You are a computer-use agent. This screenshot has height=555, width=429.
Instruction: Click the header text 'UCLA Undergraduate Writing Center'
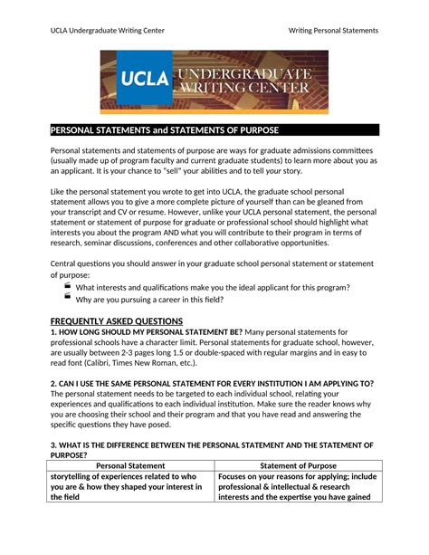[106, 31]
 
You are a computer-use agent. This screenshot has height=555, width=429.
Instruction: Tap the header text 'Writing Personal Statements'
[333, 31]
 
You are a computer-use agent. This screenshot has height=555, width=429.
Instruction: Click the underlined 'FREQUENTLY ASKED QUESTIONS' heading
[117, 321]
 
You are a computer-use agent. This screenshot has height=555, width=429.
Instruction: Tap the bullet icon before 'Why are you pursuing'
[68, 298]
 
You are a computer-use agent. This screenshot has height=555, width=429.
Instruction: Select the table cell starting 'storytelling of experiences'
[131, 486]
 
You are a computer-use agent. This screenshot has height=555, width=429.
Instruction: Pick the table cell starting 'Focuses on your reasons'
[299, 486]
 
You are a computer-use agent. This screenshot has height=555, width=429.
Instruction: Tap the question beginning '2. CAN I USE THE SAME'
[213, 383]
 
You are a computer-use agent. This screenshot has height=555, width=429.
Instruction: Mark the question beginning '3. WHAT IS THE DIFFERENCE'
[213, 445]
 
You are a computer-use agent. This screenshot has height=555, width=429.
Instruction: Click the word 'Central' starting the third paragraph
[66, 263]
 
